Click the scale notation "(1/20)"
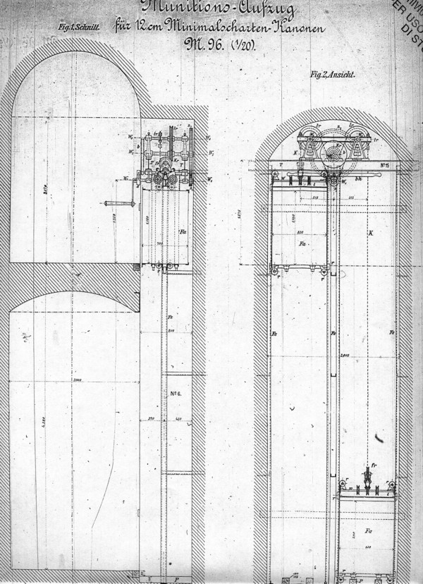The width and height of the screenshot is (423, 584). (x=243, y=47)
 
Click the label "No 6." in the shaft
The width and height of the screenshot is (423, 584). (x=176, y=393)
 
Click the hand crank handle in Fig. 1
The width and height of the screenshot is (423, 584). (x=111, y=205)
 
